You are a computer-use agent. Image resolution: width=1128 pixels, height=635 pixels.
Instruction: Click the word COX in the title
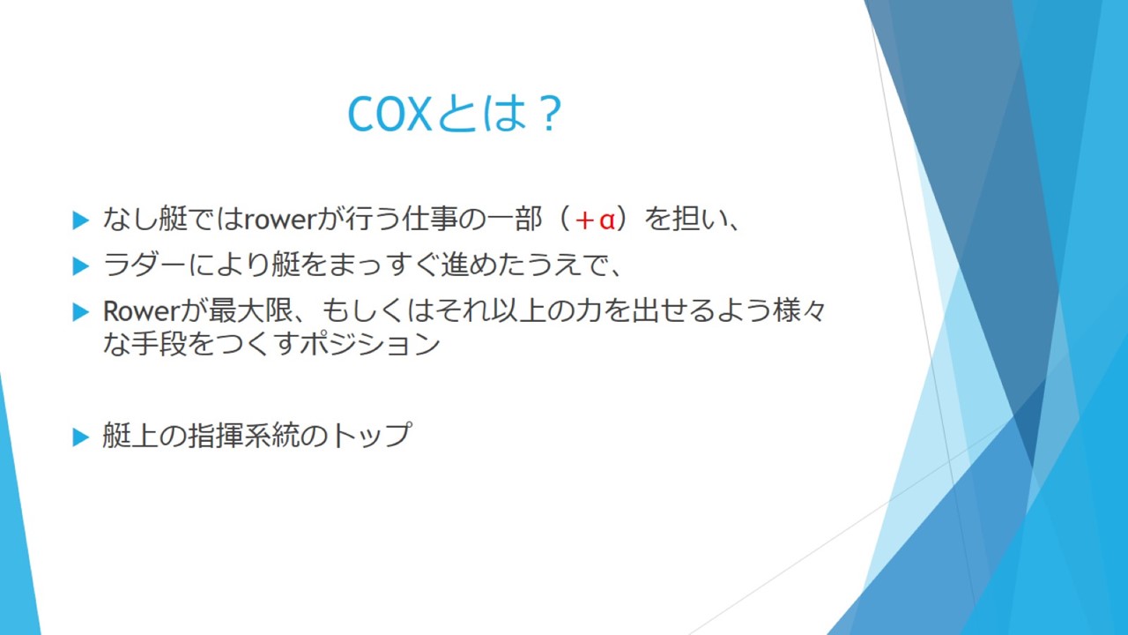tap(390, 114)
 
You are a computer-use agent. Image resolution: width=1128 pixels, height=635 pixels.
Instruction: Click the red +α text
tap(595, 220)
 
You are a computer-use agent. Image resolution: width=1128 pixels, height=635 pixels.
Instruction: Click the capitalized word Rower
tap(140, 311)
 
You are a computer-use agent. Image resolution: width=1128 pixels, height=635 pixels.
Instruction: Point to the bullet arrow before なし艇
tap(80, 220)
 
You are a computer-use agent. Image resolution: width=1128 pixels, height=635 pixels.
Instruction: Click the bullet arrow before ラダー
tap(80, 266)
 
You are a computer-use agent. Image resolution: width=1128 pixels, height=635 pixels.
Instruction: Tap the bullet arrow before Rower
tap(80, 312)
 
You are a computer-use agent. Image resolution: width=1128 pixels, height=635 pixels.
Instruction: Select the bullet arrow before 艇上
tap(80, 437)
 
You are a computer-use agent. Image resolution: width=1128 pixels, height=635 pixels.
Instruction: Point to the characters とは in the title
tap(482, 114)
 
